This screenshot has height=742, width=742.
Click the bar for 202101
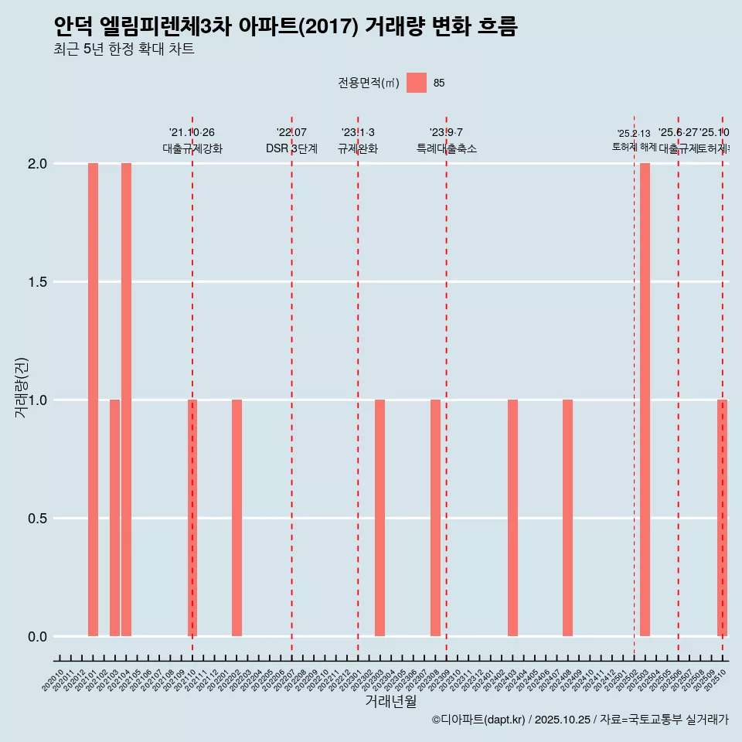tap(93, 400)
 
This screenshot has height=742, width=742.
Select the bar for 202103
tap(114, 518)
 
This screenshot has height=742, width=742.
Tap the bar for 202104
tap(126, 400)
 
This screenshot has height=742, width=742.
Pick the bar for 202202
tap(237, 518)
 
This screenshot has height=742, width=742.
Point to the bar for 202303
tap(380, 518)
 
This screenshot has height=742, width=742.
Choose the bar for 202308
tap(435, 518)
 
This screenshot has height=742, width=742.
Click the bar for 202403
tap(512, 518)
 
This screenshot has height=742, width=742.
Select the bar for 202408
tap(567, 518)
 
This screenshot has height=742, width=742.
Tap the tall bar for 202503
tap(645, 400)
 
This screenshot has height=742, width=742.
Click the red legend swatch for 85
tap(417, 83)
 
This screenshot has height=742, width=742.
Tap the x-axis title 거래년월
tap(390, 701)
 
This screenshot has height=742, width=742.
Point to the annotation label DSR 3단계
tap(291, 148)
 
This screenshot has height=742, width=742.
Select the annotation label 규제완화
tap(358, 148)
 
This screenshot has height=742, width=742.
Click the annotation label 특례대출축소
tap(446, 148)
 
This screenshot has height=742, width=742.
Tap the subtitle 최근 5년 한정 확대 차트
tap(124, 50)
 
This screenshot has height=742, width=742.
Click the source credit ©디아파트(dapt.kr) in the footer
tap(479, 720)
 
